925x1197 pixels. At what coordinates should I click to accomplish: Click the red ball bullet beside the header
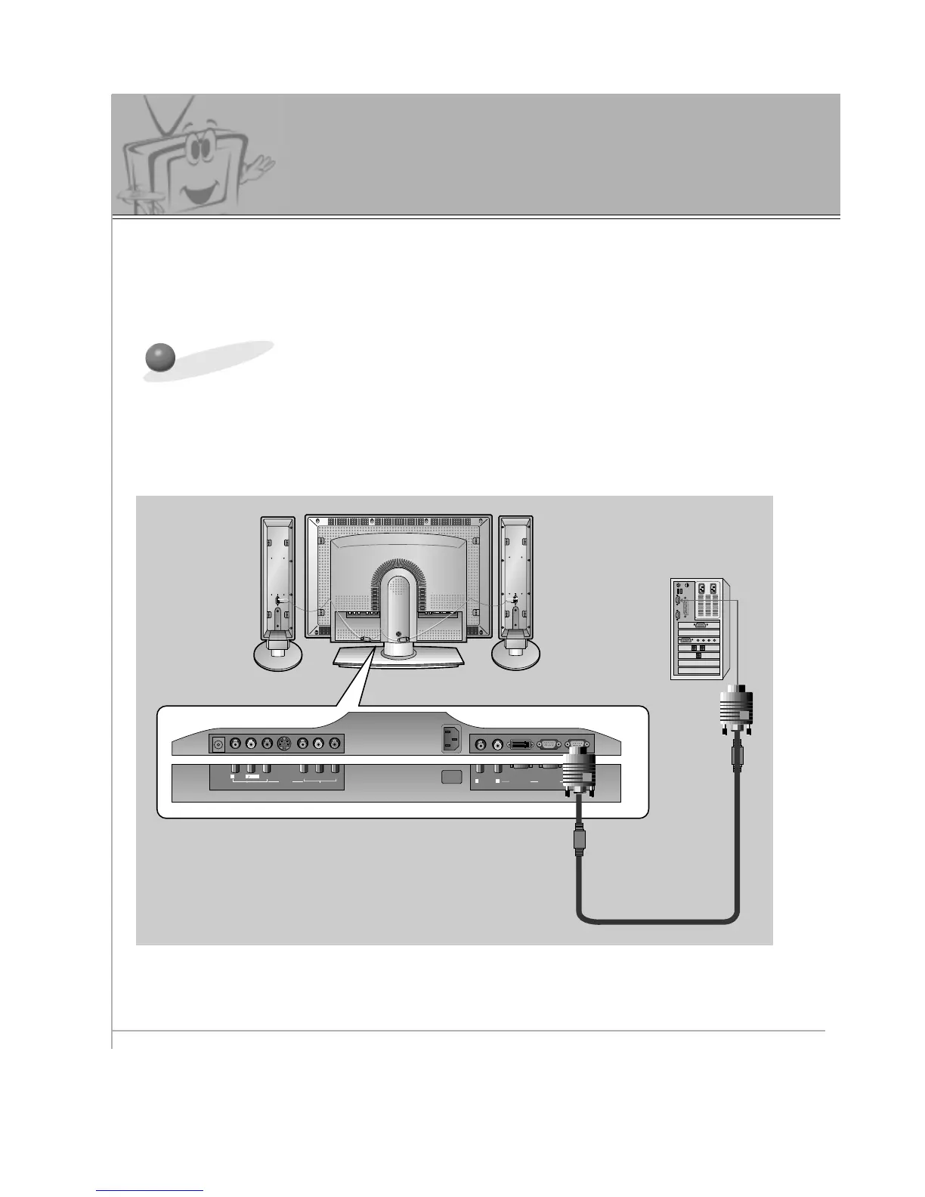click(160, 358)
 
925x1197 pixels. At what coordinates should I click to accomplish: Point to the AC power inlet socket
click(453, 740)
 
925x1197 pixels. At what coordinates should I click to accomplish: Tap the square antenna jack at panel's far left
click(218, 745)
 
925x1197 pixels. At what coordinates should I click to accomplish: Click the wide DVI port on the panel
click(521, 745)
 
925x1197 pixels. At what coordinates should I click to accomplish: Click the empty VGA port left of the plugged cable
click(549, 745)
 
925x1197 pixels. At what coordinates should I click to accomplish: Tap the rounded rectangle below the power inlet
click(451, 777)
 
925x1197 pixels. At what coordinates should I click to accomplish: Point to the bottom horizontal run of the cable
click(657, 921)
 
